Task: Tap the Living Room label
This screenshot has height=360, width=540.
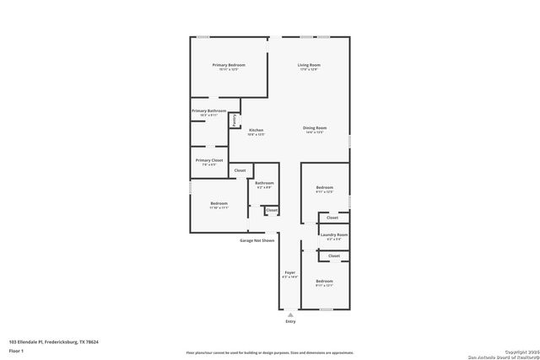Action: tap(308, 65)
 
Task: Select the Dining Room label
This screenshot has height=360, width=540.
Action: tap(314, 128)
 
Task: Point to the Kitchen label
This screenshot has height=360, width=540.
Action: tap(256, 130)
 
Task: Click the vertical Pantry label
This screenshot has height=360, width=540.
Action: tap(234, 121)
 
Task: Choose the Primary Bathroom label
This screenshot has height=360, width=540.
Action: tap(208, 110)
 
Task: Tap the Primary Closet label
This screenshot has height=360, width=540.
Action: tap(208, 160)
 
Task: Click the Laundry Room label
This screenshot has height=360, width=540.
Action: tap(334, 235)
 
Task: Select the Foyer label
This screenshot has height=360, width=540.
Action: tap(289, 273)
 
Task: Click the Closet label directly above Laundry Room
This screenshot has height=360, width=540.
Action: tap(333, 218)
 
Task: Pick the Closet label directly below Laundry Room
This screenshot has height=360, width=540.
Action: tap(333, 255)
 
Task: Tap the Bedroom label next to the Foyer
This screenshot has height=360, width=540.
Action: tap(325, 281)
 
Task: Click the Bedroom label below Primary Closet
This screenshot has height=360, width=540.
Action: tap(219, 203)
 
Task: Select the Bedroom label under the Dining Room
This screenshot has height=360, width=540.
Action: tap(325, 187)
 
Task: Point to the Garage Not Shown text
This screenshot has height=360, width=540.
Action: tap(256, 240)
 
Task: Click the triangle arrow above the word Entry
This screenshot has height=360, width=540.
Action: tap(290, 314)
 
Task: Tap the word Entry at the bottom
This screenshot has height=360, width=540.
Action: tap(290, 321)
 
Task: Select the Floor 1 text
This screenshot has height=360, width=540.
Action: tap(16, 350)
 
